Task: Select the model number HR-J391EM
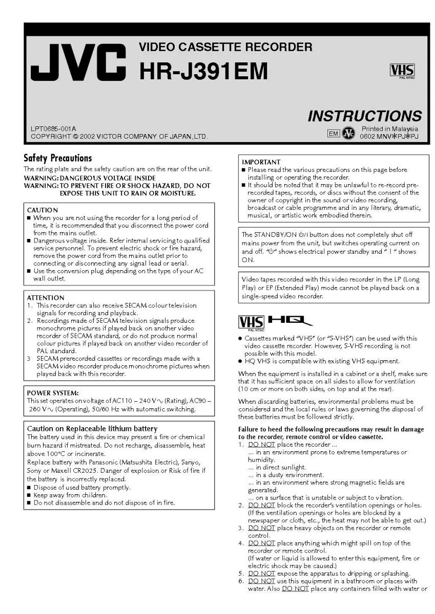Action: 203,71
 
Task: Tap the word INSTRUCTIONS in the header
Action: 364,116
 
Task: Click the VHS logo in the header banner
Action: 402,71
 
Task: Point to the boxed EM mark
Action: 333,134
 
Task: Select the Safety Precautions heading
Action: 57,158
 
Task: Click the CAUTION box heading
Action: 42,210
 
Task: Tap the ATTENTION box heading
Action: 46,298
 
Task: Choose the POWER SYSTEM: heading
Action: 53,393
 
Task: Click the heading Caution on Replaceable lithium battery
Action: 92,429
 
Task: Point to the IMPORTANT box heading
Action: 261,162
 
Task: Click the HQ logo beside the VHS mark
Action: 290,321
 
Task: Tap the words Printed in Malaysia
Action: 389,129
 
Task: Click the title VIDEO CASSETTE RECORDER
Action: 225,48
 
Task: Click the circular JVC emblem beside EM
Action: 349,133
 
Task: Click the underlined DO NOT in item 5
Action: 261,573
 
